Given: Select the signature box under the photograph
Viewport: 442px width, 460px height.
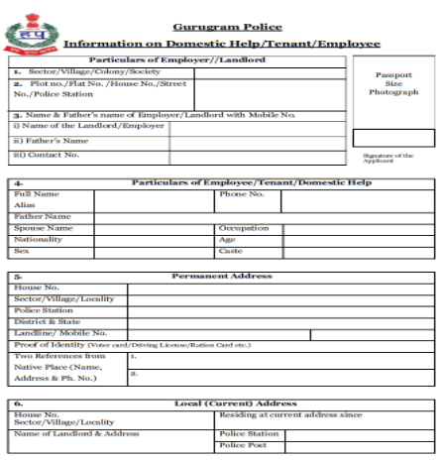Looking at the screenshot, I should coord(393,138).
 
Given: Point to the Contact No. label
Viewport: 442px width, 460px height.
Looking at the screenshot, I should coord(46,156).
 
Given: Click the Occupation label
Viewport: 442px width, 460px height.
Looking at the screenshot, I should coord(244,228).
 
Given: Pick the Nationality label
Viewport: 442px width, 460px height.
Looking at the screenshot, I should coord(39,240).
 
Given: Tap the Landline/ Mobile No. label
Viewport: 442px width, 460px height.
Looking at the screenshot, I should coord(59,333).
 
